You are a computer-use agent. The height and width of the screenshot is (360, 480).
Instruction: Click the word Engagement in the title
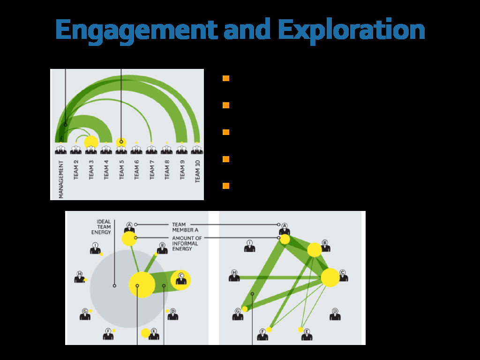136,30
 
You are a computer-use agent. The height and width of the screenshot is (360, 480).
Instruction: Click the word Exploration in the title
351,30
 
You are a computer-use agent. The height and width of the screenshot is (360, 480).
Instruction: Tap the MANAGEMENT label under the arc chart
61,179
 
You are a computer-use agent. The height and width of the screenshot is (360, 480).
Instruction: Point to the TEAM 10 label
197,171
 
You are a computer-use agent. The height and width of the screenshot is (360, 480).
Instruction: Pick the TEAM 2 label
76,169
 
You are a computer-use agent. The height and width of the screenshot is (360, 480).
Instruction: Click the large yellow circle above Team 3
91,142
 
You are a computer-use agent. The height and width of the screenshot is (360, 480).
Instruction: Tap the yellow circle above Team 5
121,142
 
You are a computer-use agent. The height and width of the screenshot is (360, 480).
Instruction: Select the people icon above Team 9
182,150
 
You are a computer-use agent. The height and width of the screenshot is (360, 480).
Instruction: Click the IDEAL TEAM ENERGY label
104,227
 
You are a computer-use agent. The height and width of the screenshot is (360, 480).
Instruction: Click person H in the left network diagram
79,277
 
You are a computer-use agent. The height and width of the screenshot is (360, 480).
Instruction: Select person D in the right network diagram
335,315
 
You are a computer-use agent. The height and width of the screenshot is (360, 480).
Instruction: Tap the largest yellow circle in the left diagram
142,285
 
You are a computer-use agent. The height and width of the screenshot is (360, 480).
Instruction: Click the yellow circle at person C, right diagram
330,277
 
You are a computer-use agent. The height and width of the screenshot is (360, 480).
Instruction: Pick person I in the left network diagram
95,248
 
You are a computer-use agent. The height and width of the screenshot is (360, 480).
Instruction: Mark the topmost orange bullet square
226,78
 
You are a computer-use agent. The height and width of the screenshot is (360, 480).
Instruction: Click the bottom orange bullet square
226,186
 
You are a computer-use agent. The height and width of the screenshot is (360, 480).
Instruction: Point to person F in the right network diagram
262,335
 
